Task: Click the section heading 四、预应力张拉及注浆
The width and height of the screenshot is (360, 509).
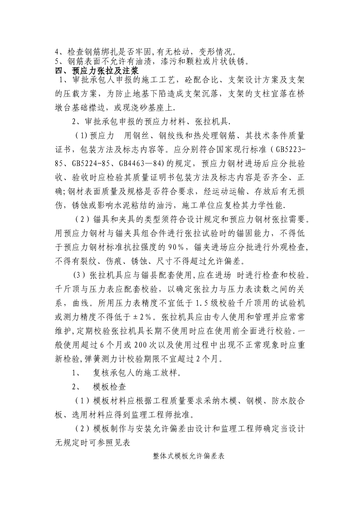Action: click(97, 70)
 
